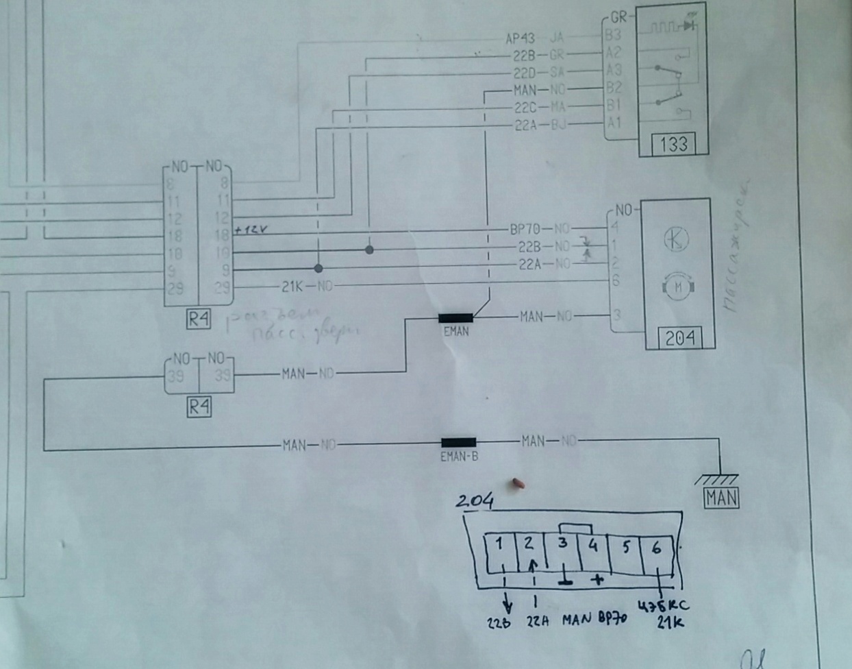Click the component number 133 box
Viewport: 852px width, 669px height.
[x=673, y=144]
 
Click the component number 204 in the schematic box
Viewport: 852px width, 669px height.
[x=679, y=337]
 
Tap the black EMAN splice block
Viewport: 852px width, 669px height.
[x=455, y=317]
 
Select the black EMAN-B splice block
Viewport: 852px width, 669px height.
[x=458, y=443]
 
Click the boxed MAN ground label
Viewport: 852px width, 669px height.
[x=721, y=498]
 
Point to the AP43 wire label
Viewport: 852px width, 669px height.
[x=520, y=38]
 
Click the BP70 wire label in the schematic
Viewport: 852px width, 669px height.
[x=525, y=229]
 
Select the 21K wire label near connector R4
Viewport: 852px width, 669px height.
[x=292, y=286]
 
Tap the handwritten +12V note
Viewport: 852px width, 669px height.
[x=251, y=230]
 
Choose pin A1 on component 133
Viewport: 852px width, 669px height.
[x=613, y=123]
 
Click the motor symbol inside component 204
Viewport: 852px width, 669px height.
[x=678, y=286]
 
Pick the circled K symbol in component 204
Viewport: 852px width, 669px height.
[x=677, y=239]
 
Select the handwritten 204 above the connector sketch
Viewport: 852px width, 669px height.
[x=475, y=502]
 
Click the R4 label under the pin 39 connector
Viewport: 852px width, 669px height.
[x=199, y=407]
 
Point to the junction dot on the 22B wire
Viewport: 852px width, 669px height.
[x=369, y=250]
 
